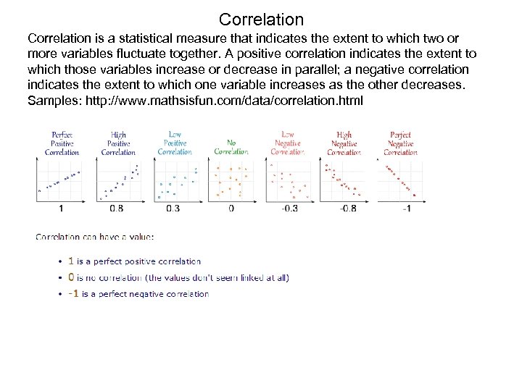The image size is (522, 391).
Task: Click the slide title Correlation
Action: pos(261,19)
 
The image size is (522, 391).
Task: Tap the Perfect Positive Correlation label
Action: pos(62,143)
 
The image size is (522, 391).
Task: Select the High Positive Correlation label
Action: pos(118,143)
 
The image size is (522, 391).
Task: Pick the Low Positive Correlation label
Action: pos(175,143)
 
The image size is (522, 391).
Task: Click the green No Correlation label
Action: pos(231,148)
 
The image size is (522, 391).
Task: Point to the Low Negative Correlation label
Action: pos(287,143)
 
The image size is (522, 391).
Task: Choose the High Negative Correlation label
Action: pos(344,143)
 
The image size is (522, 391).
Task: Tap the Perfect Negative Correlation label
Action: pos(400,143)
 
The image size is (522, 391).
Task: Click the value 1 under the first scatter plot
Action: pos(61,209)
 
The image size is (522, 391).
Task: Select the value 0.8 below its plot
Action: pos(117,209)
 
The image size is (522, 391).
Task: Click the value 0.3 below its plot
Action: pos(173,209)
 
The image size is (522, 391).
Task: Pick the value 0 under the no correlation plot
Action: pos(231,209)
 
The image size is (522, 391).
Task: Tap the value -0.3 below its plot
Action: pos(288,209)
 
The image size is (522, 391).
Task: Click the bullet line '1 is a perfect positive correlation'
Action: pos(135,261)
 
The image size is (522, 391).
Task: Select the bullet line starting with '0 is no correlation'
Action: pos(178,277)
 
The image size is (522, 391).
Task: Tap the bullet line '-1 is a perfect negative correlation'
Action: pos(138,294)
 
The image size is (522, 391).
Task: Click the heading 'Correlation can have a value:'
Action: pos(95,236)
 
